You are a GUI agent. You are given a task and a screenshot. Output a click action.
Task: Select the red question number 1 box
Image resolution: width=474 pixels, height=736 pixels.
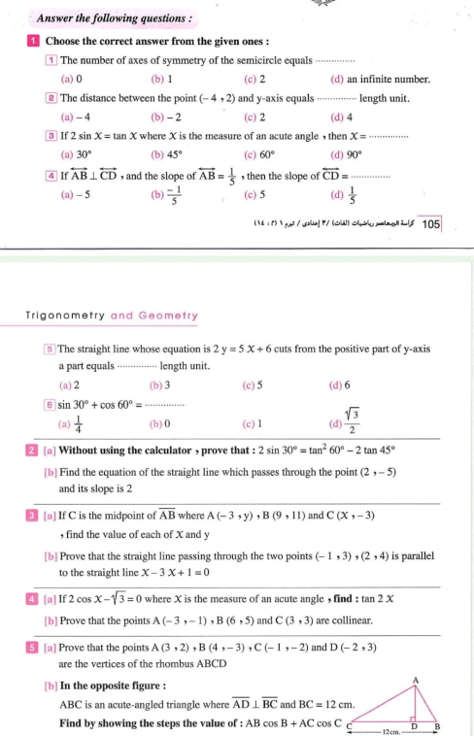(x=32, y=41)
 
